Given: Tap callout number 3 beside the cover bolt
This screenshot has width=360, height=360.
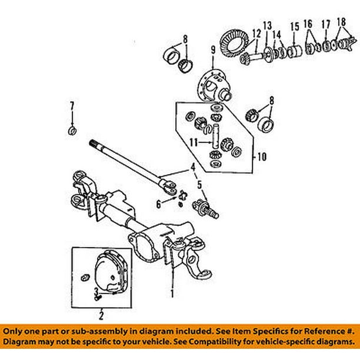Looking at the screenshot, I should [95, 292].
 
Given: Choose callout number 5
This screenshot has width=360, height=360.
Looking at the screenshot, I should [199, 184].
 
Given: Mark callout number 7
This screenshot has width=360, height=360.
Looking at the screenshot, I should [72, 106].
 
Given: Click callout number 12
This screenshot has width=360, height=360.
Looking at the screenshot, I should [256, 33].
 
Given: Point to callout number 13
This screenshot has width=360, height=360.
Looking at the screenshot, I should [268, 26].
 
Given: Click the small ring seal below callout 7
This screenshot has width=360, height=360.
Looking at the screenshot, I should [72, 129].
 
